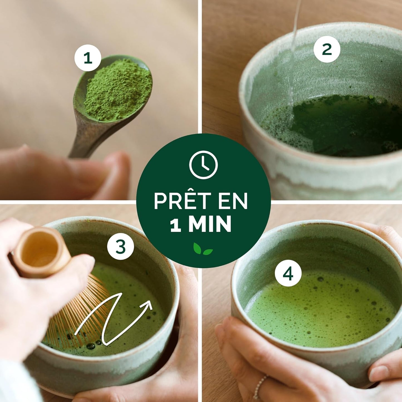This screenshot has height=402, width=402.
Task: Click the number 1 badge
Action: pos(88,58)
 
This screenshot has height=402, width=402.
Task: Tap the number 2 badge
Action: pos(327,49)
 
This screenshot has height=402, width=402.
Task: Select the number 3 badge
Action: pos(120,246)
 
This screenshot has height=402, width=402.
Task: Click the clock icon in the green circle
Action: pos(203,165)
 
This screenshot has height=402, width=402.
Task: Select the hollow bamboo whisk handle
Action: pos(42,252)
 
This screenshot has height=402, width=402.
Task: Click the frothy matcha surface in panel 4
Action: pos(320,309)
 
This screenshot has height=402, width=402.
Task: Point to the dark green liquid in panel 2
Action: pos(348,125)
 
